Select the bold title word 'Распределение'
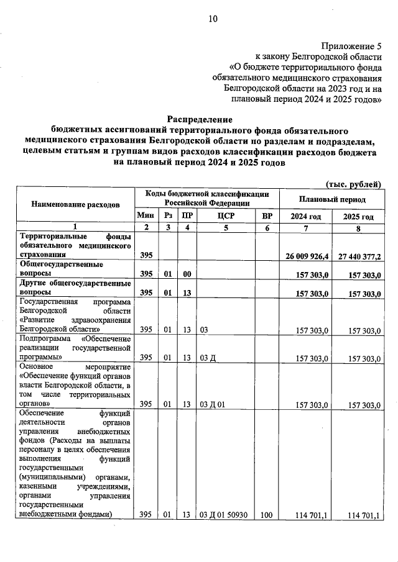[199, 119]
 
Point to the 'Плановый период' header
[332, 199]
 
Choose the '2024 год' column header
[306, 216]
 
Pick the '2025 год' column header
[358, 216]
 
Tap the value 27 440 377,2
[358, 256]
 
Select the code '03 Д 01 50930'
[224, 515]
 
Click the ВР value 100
[267, 515]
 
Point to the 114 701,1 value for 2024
[313, 515]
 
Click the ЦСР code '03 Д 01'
[211, 404]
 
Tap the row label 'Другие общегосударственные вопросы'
[75, 288]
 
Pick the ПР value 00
[186, 274]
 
